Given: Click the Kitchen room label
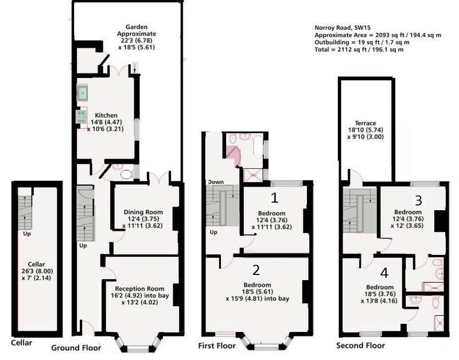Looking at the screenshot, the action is click(x=106, y=115).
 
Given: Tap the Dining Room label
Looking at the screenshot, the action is click(x=143, y=212).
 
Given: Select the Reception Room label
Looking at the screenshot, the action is click(x=139, y=289).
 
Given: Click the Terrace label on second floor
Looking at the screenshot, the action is click(x=365, y=123).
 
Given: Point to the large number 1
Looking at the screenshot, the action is click(x=274, y=198).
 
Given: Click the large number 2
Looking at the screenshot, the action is click(x=256, y=270).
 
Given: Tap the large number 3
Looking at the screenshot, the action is click(x=419, y=200).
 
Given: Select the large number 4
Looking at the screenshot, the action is click(x=384, y=273).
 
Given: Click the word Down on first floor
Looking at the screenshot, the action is click(x=216, y=182).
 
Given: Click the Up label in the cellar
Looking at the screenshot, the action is click(x=27, y=234).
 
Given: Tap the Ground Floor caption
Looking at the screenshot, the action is click(x=76, y=348).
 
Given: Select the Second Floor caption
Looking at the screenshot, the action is click(x=360, y=346).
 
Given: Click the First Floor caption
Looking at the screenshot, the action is click(x=217, y=346).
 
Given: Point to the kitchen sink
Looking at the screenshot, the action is click(x=83, y=93).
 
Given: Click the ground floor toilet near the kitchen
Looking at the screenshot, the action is click(x=126, y=175).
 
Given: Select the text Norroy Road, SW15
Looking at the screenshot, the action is click(x=343, y=28).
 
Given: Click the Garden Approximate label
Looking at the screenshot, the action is click(x=137, y=30).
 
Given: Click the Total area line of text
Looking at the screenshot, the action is click(x=359, y=49).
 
